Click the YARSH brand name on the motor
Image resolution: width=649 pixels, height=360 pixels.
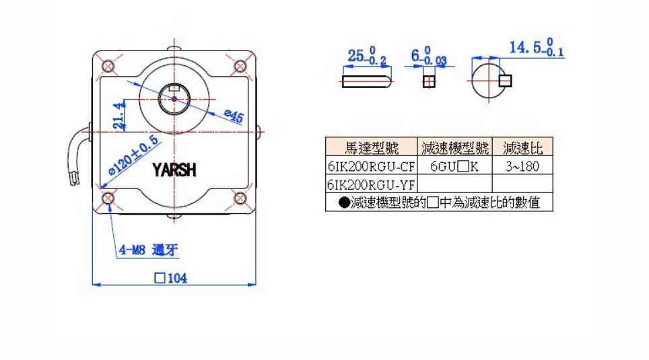(174, 170)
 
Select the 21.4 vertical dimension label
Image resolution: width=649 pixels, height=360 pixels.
(118, 115)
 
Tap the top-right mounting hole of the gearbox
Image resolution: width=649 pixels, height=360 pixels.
(240, 66)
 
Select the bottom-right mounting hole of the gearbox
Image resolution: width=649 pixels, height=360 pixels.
(240, 198)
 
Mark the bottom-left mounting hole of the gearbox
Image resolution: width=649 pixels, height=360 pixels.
(108, 198)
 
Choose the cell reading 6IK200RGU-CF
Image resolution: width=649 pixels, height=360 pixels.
(372, 166)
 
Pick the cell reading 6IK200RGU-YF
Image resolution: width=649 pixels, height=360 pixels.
(372, 184)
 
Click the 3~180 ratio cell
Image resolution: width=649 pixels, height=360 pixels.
(522, 166)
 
